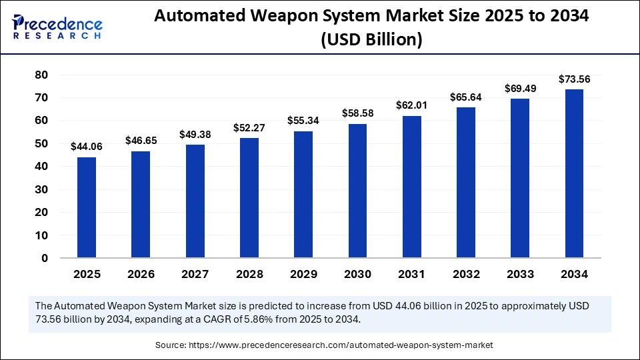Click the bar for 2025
(86, 207)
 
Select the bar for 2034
(574, 173)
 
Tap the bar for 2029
(303, 194)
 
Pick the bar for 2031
(411, 187)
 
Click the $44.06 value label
(86, 147)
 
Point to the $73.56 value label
(574, 79)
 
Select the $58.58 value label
(357, 113)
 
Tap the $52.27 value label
(249, 127)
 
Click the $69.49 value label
(519, 88)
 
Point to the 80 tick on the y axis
(41, 75)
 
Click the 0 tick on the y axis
(45, 258)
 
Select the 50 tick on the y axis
(41, 144)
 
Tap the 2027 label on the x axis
(195, 274)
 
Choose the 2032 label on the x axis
(465, 274)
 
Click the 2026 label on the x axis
(141, 274)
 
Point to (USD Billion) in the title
(372, 40)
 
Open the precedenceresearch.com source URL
(340, 345)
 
